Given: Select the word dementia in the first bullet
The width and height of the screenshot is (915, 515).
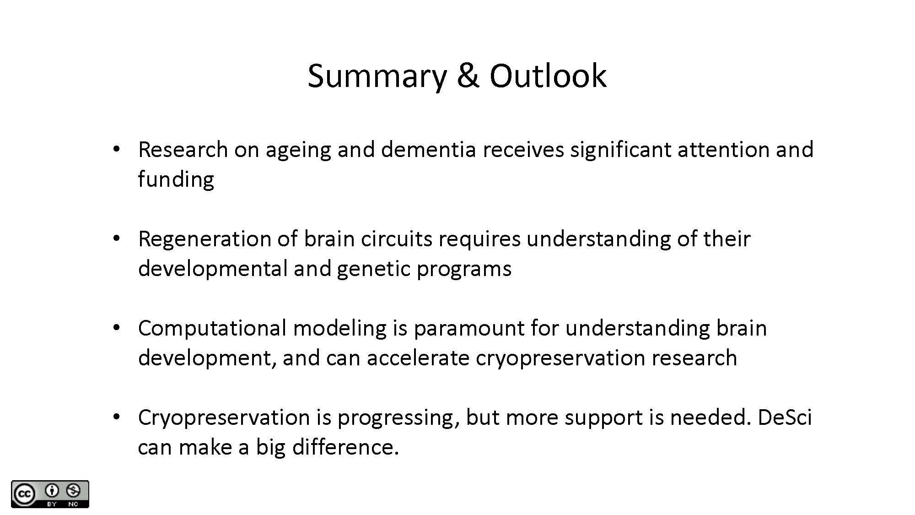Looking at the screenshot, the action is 429,149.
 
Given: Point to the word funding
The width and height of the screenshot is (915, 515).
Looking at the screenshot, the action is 176,179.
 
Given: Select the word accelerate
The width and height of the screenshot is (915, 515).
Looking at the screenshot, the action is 418,358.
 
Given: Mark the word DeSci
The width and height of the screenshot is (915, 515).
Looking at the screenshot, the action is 785,417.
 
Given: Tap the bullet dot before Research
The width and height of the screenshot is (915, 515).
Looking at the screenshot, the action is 116,149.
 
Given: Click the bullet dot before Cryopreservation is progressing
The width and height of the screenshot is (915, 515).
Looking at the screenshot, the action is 116,417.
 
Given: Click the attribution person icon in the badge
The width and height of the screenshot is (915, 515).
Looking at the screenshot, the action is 52,491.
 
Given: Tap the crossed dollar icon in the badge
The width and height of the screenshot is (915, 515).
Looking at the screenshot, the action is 73,491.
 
